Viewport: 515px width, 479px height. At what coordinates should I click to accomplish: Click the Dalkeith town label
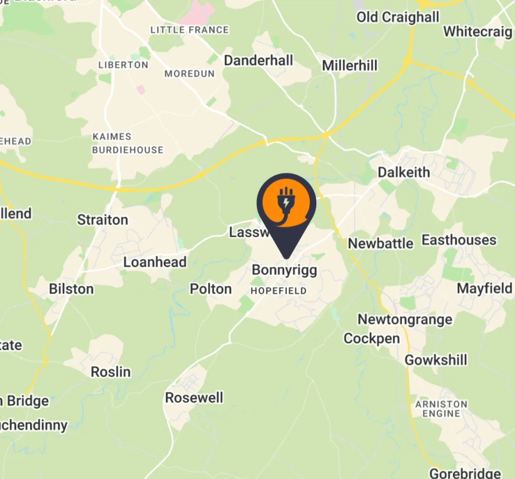(x=404, y=172)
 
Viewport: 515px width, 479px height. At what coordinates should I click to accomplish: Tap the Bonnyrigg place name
(x=285, y=270)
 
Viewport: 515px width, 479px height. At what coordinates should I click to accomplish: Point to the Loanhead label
(x=155, y=262)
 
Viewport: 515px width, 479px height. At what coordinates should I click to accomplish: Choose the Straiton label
(x=103, y=220)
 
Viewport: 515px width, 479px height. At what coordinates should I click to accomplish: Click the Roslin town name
(x=111, y=372)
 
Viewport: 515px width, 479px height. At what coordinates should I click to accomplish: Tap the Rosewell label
(x=194, y=398)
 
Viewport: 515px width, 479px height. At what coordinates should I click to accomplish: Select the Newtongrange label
(x=405, y=319)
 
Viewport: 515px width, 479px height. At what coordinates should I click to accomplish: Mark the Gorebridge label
(x=465, y=473)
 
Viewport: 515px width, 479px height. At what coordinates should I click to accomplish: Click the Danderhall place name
(x=259, y=61)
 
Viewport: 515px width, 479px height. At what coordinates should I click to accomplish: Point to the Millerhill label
(x=350, y=65)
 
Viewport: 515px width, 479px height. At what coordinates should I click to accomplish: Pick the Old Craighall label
(x=398, y=17)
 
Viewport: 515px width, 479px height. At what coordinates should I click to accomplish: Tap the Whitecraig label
(x=478, y=31)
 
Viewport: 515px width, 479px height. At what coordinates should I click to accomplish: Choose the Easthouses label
(x=459, y=240)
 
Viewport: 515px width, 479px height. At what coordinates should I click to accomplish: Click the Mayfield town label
(x=484, y=289)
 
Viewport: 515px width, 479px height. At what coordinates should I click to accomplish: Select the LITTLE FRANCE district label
(x=190, y=30)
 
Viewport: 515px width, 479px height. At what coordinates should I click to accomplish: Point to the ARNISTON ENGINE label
(x=442, y=409)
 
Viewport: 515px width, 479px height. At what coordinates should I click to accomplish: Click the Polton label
(x=211, y=289)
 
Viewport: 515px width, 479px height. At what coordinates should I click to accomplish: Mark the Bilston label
(x=71, y=289)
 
